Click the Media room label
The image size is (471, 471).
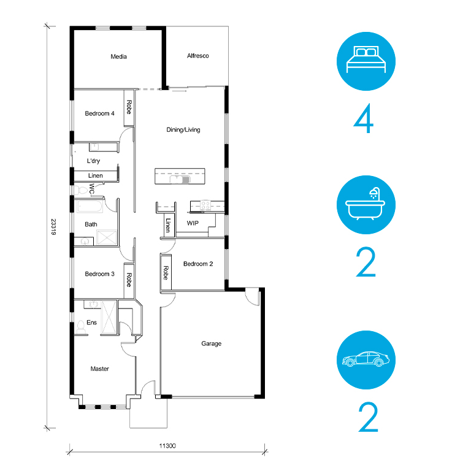click(118, 56)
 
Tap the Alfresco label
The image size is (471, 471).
click(197, 56)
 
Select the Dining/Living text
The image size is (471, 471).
click(183, 130)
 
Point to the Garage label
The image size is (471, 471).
click(211, 343)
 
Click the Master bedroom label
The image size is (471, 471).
click(100, 369)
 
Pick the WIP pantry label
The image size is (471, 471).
click(193, 223)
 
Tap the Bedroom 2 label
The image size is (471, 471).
click(198, 264)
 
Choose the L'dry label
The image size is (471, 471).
click(93, 161)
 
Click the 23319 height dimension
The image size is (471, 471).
click(53, 227)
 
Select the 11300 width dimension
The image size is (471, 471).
click(167, 446)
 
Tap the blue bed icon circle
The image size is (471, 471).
click(366, 61)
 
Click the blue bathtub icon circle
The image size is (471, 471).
click(366, 205)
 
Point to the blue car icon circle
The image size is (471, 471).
click(366, 360)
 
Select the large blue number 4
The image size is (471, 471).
click(364, 118)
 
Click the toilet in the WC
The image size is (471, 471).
click(80, 190)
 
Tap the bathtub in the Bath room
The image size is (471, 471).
click(90, 207)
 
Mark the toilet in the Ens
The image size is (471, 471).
click(80, 327)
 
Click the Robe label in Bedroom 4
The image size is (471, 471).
click(129, 107)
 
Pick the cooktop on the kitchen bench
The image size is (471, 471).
click(206, 205)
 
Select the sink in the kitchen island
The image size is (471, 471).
click(180, 179)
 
